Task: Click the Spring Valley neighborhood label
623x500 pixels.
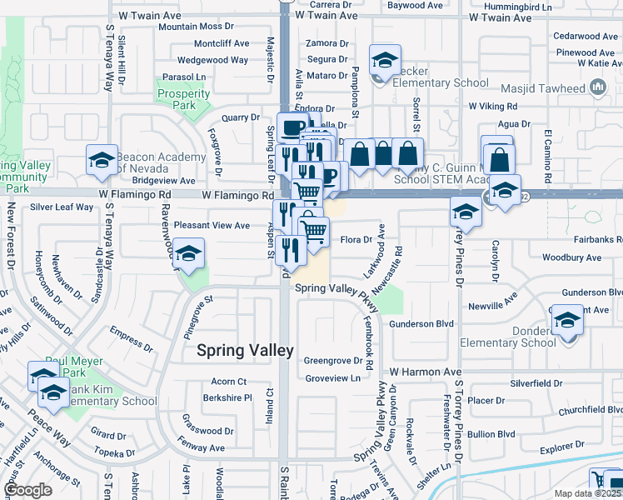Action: (245, 351)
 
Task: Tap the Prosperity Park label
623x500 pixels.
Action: (183, 100)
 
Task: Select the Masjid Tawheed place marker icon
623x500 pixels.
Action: (597, 87)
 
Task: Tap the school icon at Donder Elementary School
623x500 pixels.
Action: (566, 321)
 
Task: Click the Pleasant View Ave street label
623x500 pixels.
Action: (212, 226)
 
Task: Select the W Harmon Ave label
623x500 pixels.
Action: (425, 372)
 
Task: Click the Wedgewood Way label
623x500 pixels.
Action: (213, 60)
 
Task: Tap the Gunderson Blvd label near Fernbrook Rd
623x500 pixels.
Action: (421, 323)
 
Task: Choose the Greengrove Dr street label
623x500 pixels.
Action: (332, 362)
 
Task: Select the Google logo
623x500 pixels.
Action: (27, 490)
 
